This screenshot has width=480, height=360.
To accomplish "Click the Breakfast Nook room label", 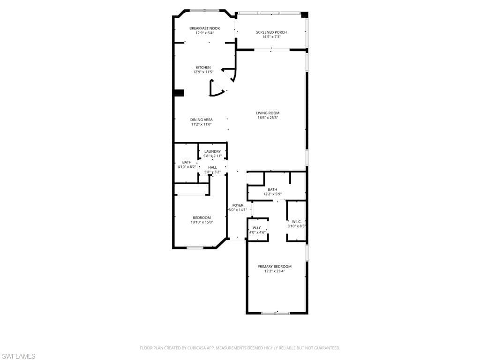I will pos(204,28).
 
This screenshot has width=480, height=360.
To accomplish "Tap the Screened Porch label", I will pos(271,32).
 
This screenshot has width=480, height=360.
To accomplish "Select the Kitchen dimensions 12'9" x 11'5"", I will pos(203,72).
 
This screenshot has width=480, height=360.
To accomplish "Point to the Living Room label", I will pos(268,113).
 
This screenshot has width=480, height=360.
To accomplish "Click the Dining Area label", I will pos(201,120).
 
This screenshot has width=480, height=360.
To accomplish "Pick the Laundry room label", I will pos(212,151).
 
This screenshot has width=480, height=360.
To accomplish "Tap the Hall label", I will pos(212,167).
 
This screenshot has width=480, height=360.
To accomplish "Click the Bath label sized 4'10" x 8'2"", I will pos(187,162).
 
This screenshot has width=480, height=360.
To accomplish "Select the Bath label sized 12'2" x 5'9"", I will pos(272,189).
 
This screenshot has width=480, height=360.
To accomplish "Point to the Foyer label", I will pos(238,205).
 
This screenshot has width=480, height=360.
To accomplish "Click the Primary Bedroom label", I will pos(274,266).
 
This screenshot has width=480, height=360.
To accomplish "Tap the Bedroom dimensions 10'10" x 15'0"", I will pos(202,223).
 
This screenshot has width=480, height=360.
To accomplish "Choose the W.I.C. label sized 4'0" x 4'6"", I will pos(257,228).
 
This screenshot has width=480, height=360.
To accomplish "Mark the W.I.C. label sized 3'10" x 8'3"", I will pos(296,221).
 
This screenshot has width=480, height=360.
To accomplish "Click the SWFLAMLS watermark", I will pos(18,357).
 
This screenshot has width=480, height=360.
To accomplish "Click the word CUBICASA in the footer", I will pos(197,348).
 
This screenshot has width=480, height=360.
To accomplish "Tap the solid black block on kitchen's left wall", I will pos(179,93).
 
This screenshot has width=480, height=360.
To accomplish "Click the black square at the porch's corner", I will pos(304,15).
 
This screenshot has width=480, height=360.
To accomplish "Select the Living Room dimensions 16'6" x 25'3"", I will pos(268,118).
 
